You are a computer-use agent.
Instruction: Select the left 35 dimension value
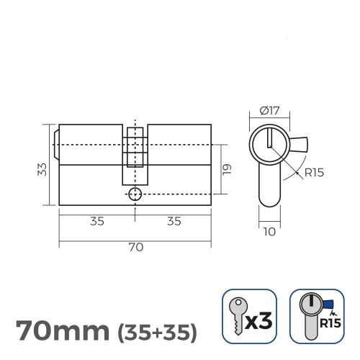click(x=97, y=221)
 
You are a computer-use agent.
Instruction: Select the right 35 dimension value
click(x=174, y=221)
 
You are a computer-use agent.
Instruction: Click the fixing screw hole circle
click(x=135, y=194)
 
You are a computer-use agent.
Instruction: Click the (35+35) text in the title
click(x=156, y=333)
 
